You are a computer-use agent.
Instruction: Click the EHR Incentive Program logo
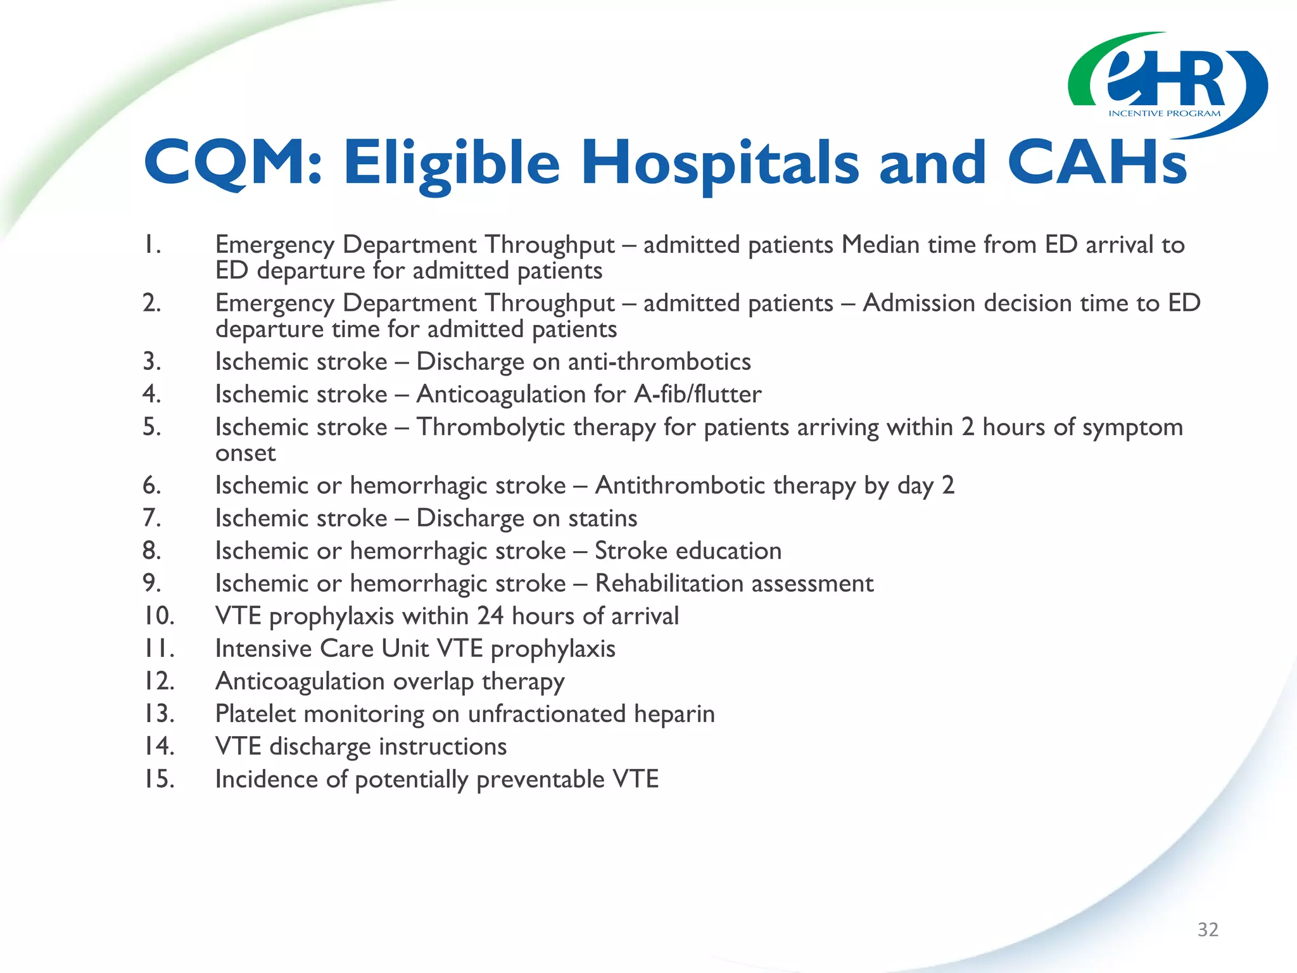click(1167, 86)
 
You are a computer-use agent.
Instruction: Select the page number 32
click(1208, 929)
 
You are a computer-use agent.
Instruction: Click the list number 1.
click(151, 245)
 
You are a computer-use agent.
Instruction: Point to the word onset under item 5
click(246, 453)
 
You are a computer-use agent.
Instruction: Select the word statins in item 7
click(602, 518)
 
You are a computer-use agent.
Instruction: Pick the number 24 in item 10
click(490, 616)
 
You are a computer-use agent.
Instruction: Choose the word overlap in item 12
click(433, 681)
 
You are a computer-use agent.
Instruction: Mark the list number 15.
click(158, 779)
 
